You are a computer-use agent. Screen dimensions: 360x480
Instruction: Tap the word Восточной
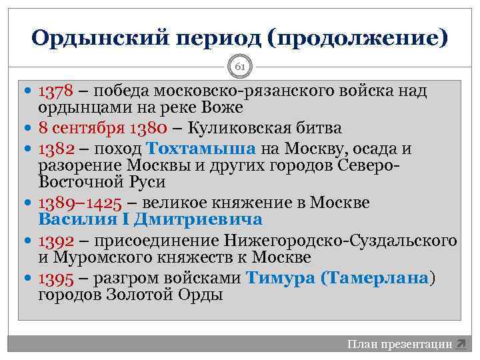pyautogui.click(x=80, y=182)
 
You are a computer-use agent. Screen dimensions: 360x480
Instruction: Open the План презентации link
pyautogui.click(x=399, y=345)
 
